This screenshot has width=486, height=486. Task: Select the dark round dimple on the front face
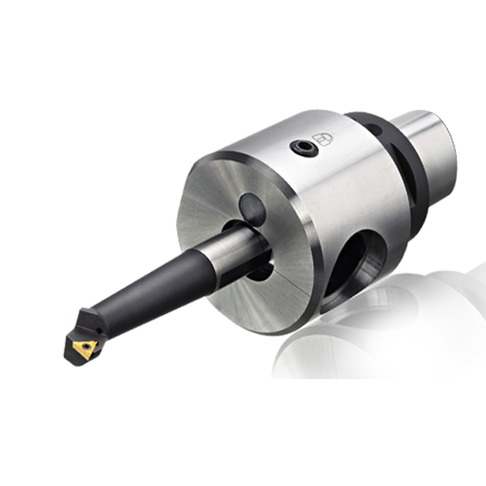[x=253, y=207]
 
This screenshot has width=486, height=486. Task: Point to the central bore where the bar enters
[x=255, y=255]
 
